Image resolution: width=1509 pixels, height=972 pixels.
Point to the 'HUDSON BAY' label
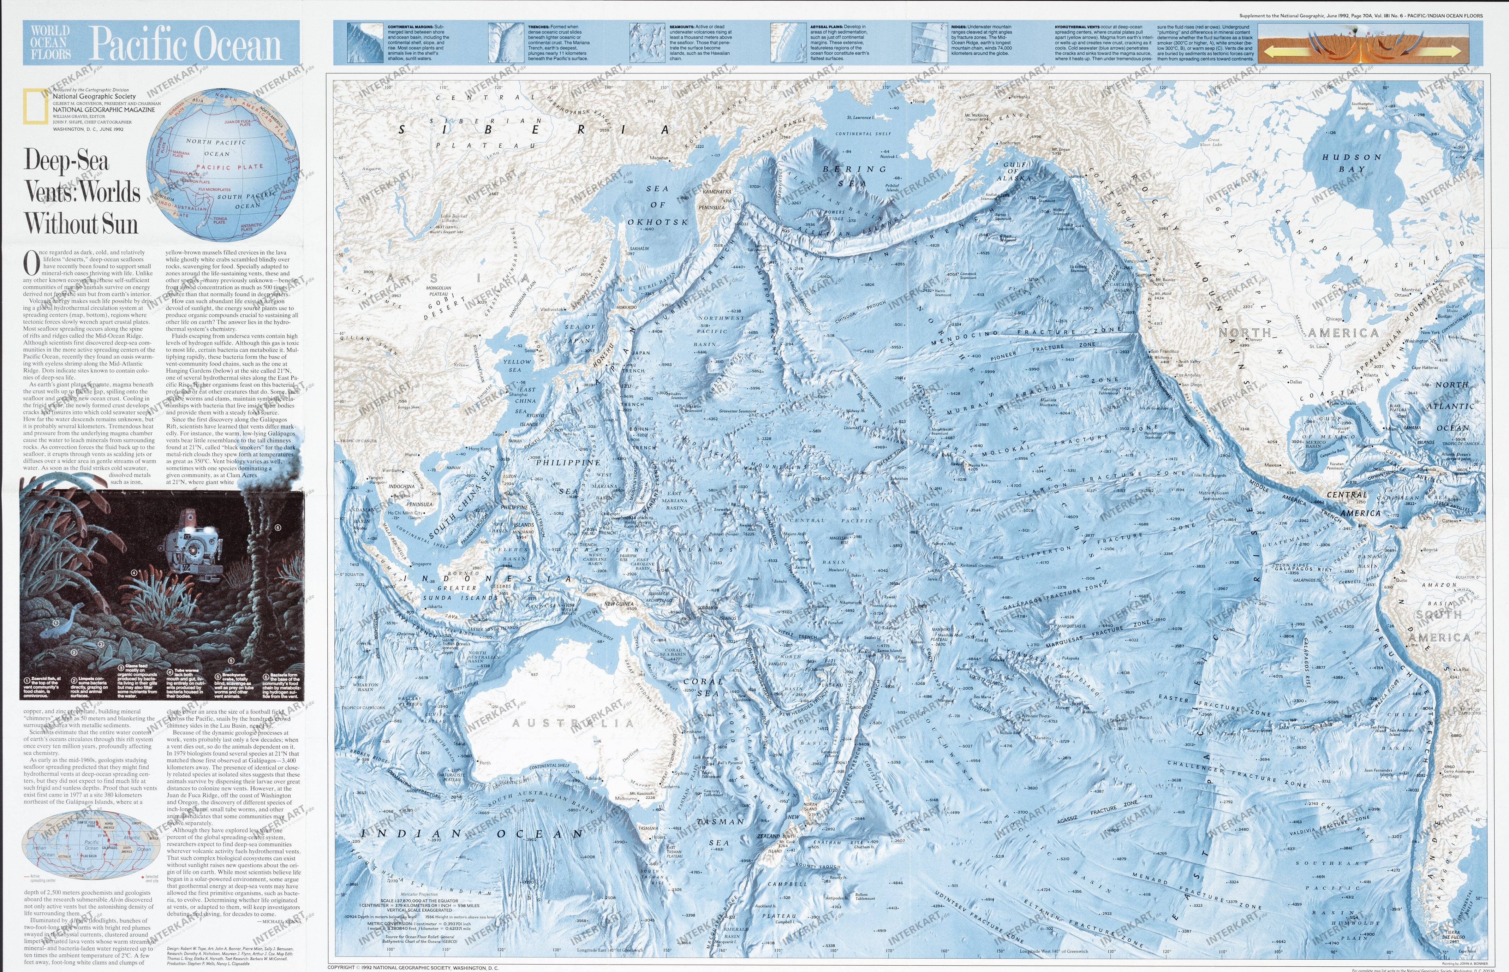click(x=1352, y=163)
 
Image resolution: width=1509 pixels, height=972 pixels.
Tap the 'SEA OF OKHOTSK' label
click(x=658, y=205)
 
